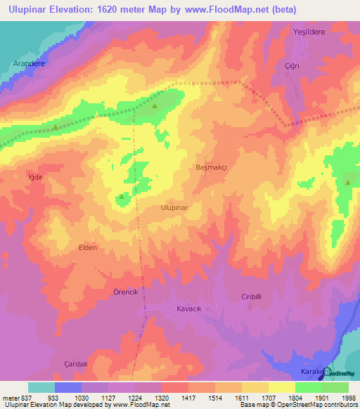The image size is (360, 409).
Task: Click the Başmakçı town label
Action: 212,168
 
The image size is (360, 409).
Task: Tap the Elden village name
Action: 87,248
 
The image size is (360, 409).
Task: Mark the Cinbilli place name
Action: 252,297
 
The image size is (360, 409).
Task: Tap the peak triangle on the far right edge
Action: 348,183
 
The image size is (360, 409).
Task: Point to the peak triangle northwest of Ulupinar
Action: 122,197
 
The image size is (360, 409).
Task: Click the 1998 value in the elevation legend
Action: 349,398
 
